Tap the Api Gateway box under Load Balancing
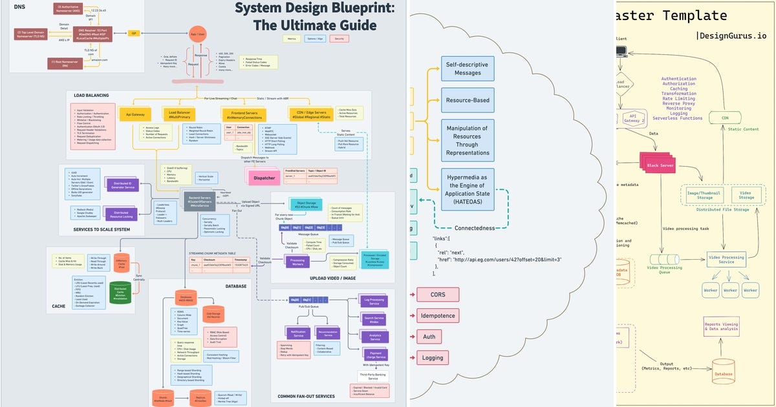point(135,114)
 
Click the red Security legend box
point(338,39)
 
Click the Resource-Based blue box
point(468,100)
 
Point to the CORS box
point(438,295)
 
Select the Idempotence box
point(438,315)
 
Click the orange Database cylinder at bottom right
point(724,373)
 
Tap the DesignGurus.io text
point(731,36)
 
